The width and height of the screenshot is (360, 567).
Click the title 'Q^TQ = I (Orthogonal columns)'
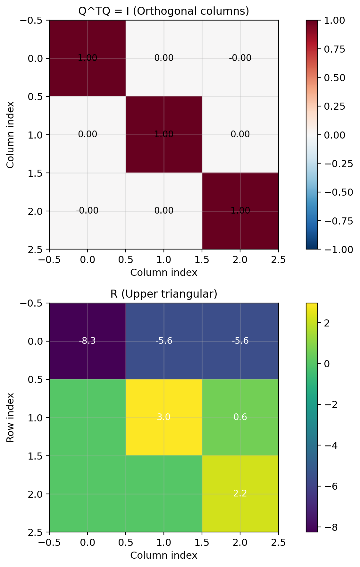[163, 11]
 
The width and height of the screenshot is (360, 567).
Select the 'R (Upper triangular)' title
[163, 294]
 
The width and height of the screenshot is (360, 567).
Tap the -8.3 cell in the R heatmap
[87, 341]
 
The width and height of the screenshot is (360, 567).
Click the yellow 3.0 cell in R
[163, 417]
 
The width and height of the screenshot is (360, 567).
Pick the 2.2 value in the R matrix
[240, 493]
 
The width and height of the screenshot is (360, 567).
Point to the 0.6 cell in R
[240, 417]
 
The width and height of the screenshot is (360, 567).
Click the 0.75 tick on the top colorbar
[335, 49]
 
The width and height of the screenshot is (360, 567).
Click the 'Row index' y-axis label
[11, 417]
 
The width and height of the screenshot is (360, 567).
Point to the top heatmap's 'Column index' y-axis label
[11, 135]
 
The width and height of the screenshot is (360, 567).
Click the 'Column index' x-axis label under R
[163, 555]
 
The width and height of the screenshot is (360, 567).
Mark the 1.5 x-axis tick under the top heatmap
[202, 259]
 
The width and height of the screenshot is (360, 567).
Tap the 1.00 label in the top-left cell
[87, 58]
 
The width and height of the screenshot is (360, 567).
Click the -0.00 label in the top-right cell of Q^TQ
[240, 58]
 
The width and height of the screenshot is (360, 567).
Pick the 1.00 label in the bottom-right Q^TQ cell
[240, 211]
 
